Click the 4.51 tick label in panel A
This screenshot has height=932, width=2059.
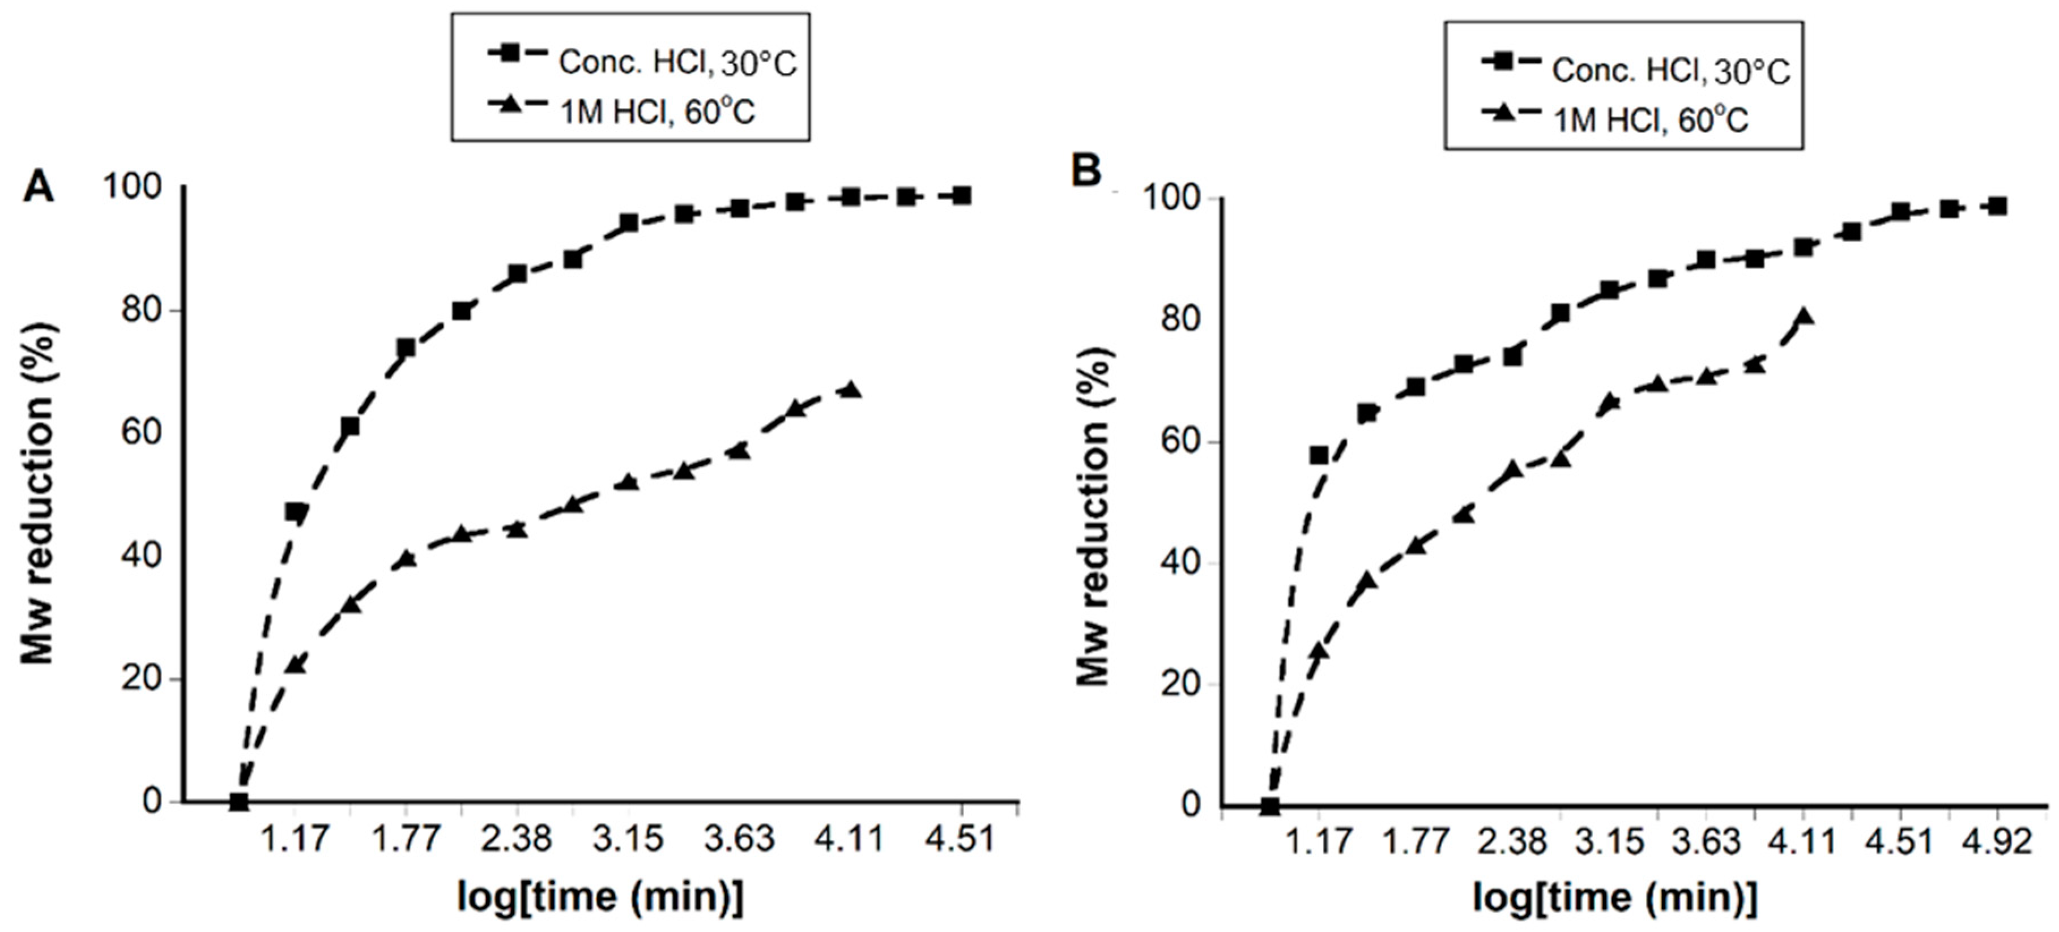pyautogui.click(x=960, y=839)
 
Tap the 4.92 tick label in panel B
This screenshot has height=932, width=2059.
pyautogui.click(x=1997, y=841)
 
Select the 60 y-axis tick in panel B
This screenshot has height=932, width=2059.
pyautogui.click(x=1180, y=442)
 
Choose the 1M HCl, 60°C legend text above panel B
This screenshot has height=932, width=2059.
pyautogui.click(x=1650, y=120)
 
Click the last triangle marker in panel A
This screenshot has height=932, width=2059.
pyautogui.click(x=851, y=389)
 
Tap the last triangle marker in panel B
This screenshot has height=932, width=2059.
pyautogui.click(x=1803, y=317)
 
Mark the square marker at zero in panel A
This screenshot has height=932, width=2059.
pyautogui.click(x=238, y=801)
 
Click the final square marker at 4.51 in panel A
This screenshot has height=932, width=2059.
pyautogui.click(x=962, y=196)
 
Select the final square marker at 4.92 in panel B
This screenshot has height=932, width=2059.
pyautogui.click(x=1997, y=206)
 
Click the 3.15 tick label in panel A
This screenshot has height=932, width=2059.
pyautogui.click(x=628, y=839)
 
